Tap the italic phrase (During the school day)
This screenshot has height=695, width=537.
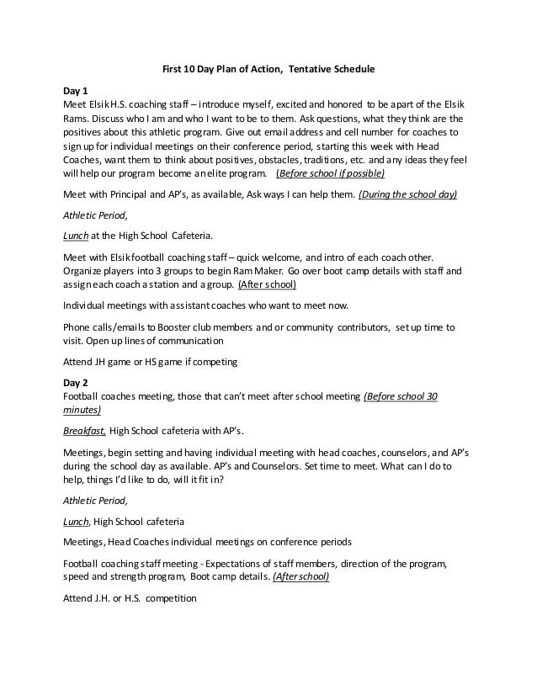coord(408,194)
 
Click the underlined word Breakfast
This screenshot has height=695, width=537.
coord(85,431)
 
